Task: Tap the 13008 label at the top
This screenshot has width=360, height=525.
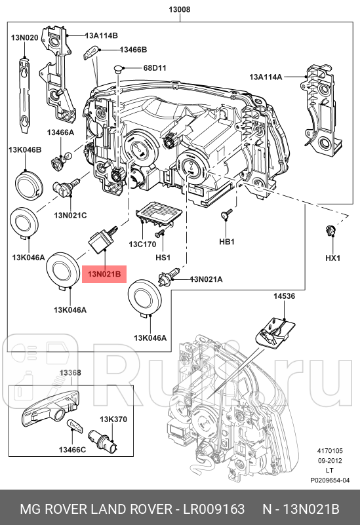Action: point(180,9)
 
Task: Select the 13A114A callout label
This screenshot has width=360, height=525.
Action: point(266,77)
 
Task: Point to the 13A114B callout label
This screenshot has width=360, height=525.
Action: point(100,36)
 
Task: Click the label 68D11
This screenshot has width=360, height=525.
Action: point(155,68)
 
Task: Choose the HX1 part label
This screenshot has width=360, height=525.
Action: point(334,258)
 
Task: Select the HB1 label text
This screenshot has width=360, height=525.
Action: point(226,242)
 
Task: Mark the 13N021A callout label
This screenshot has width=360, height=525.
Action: point(206,280)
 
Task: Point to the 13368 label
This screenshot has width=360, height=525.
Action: point(70,373)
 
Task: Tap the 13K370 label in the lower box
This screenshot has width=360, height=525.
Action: point(112,419)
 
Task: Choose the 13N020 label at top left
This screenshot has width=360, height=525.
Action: point(24,38)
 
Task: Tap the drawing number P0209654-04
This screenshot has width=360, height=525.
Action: point(330,480)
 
